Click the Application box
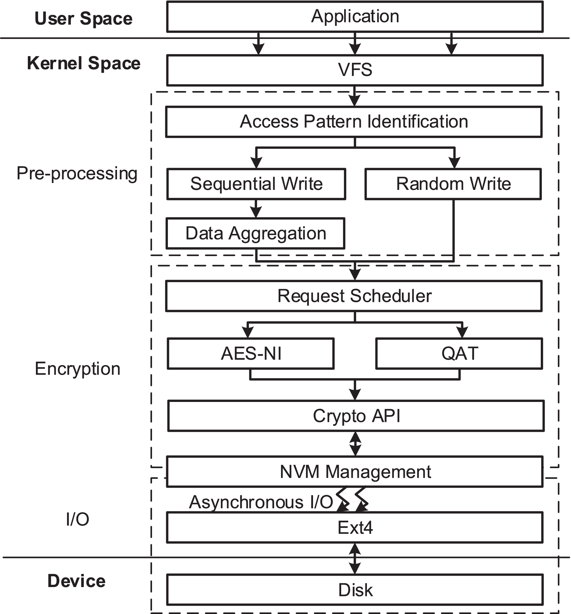pyautogui.click(x=355, y=17)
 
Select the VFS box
pyautogui.click(x=355, y=70)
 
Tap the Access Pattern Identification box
pyautogui.click(x=354, y=122)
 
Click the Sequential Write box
pyautogui.click(x=256, y=184)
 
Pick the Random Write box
pyautogui.click(x=453, y=184)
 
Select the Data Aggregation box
pyautogui.click(x=255, y=234)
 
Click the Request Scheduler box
pyautogui.click(x=354, y=296)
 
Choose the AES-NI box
pyautogui.click(x=250, y=354)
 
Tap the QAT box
pyautogui.click(x=459, y=354)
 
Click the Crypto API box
pyautogui.click(x=356, y=416)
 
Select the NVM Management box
pyautogui.click(x=355, y=472)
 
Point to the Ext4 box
pyautogui.click(x=355, y=527)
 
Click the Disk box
pyautogui.click(x=355, y=590)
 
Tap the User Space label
pyautogui.click(x=83, y=19)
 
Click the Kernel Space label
pyautogui.click(x=83, y=63)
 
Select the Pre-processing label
pyautogui.click(x=77, y=173)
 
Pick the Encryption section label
pyautogui.click(x=77, y=369)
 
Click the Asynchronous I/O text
pyautogui.click(x=261, y=502)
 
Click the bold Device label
pyautogui.click(x=76, y=581)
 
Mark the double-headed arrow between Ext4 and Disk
pyautogui.click(x=355, y=558)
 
